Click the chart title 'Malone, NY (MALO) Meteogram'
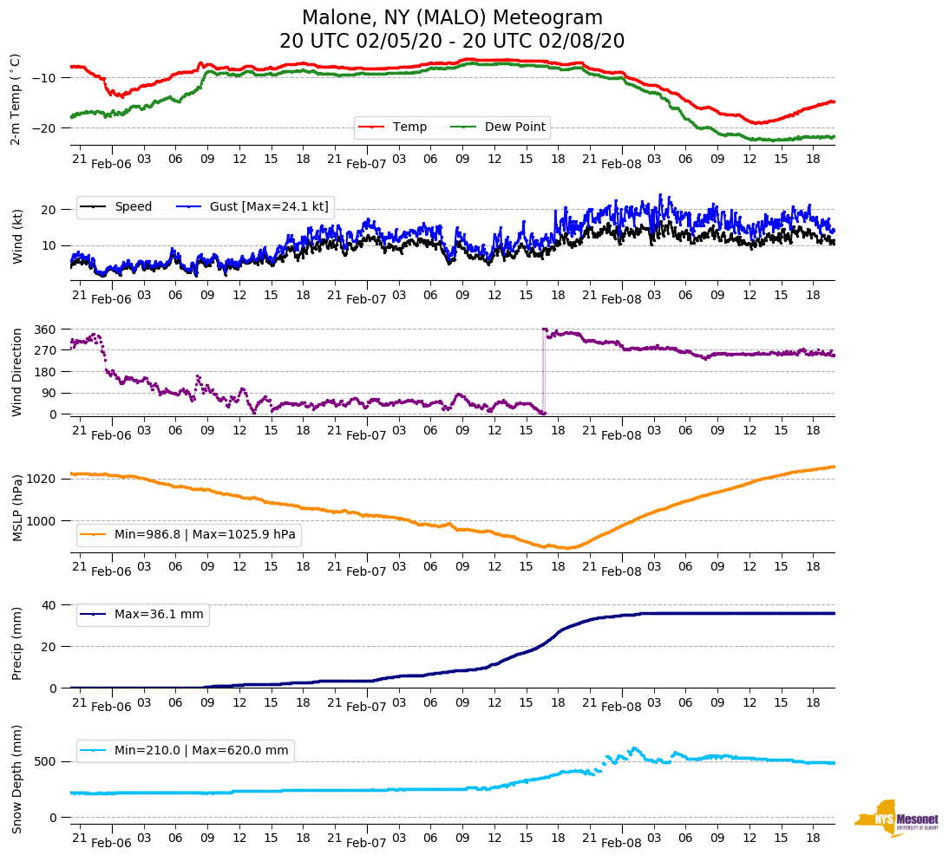point(452,18)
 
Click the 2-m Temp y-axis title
point(16,99)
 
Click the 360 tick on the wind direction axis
point(46,330)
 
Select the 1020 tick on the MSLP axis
point(43,479)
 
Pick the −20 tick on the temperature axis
point(44,128)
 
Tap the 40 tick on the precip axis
point(49,605)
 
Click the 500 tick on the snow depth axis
point(46,761)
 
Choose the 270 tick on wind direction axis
point(46,350)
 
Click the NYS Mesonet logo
point(896,819)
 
